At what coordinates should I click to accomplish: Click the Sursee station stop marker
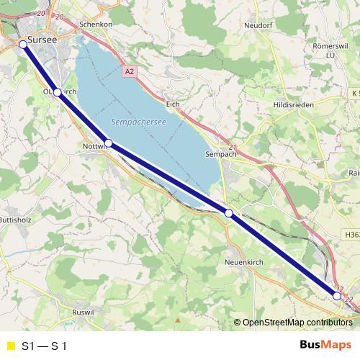[23, 44]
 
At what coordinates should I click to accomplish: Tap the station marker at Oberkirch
[57, 92]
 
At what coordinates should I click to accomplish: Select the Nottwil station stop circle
[108, 143]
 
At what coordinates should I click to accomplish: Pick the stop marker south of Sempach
[229, 212]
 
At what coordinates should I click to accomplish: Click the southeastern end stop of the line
[336, 295]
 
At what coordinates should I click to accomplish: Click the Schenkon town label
[96, 24]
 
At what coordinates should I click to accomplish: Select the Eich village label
[172, 104]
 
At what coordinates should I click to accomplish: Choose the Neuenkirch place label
[242, 262]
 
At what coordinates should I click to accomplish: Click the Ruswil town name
[85, 312]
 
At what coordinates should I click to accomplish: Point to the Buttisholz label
[13, 219]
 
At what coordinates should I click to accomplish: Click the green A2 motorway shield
[129, 72]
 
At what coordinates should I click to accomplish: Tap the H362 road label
[351, 235]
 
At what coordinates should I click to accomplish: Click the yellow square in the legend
[9, 345]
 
